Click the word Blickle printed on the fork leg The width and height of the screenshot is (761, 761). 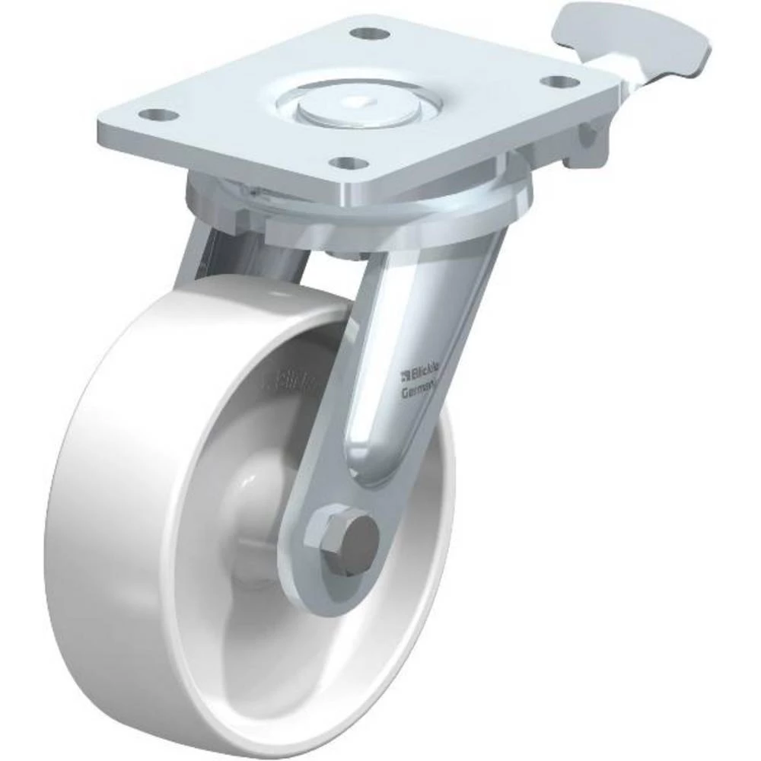[424, 374]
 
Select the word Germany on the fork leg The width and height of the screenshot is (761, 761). [418, 391]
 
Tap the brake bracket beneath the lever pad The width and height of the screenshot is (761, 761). [586, 145]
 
